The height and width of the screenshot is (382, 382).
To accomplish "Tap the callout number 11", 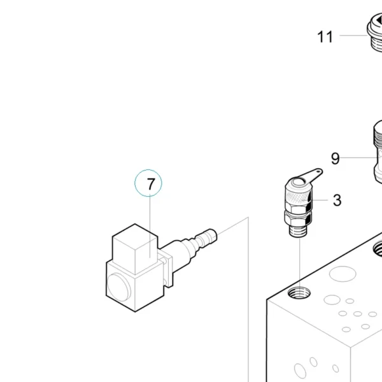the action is coord(325,37).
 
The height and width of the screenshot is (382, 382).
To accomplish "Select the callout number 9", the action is coord(336,159).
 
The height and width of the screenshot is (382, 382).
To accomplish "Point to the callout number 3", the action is coord(337,201).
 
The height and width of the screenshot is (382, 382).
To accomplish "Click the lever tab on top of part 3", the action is coord(313,174).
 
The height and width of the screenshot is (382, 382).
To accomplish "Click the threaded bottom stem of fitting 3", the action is coord(298,230).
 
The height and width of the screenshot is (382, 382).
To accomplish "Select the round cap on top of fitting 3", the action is coord(299,181).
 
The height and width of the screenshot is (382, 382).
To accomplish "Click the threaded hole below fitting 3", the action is coord(299,293).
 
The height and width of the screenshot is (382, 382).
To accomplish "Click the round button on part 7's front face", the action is coord(118,287).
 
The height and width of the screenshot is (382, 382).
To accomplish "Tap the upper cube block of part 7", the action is coord(135,248).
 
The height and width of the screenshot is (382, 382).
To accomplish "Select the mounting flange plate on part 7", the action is coord(167,269).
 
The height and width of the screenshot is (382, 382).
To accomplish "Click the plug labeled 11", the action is coord(375,32).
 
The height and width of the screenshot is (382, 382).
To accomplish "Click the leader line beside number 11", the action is coord(353,35).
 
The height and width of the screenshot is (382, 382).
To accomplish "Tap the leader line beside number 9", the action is coord(358,158).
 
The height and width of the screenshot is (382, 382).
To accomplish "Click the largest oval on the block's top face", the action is coord(343,274).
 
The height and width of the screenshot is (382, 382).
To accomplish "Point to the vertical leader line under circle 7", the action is coord(150,227).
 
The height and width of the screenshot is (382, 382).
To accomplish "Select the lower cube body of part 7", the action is coord(135,285).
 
